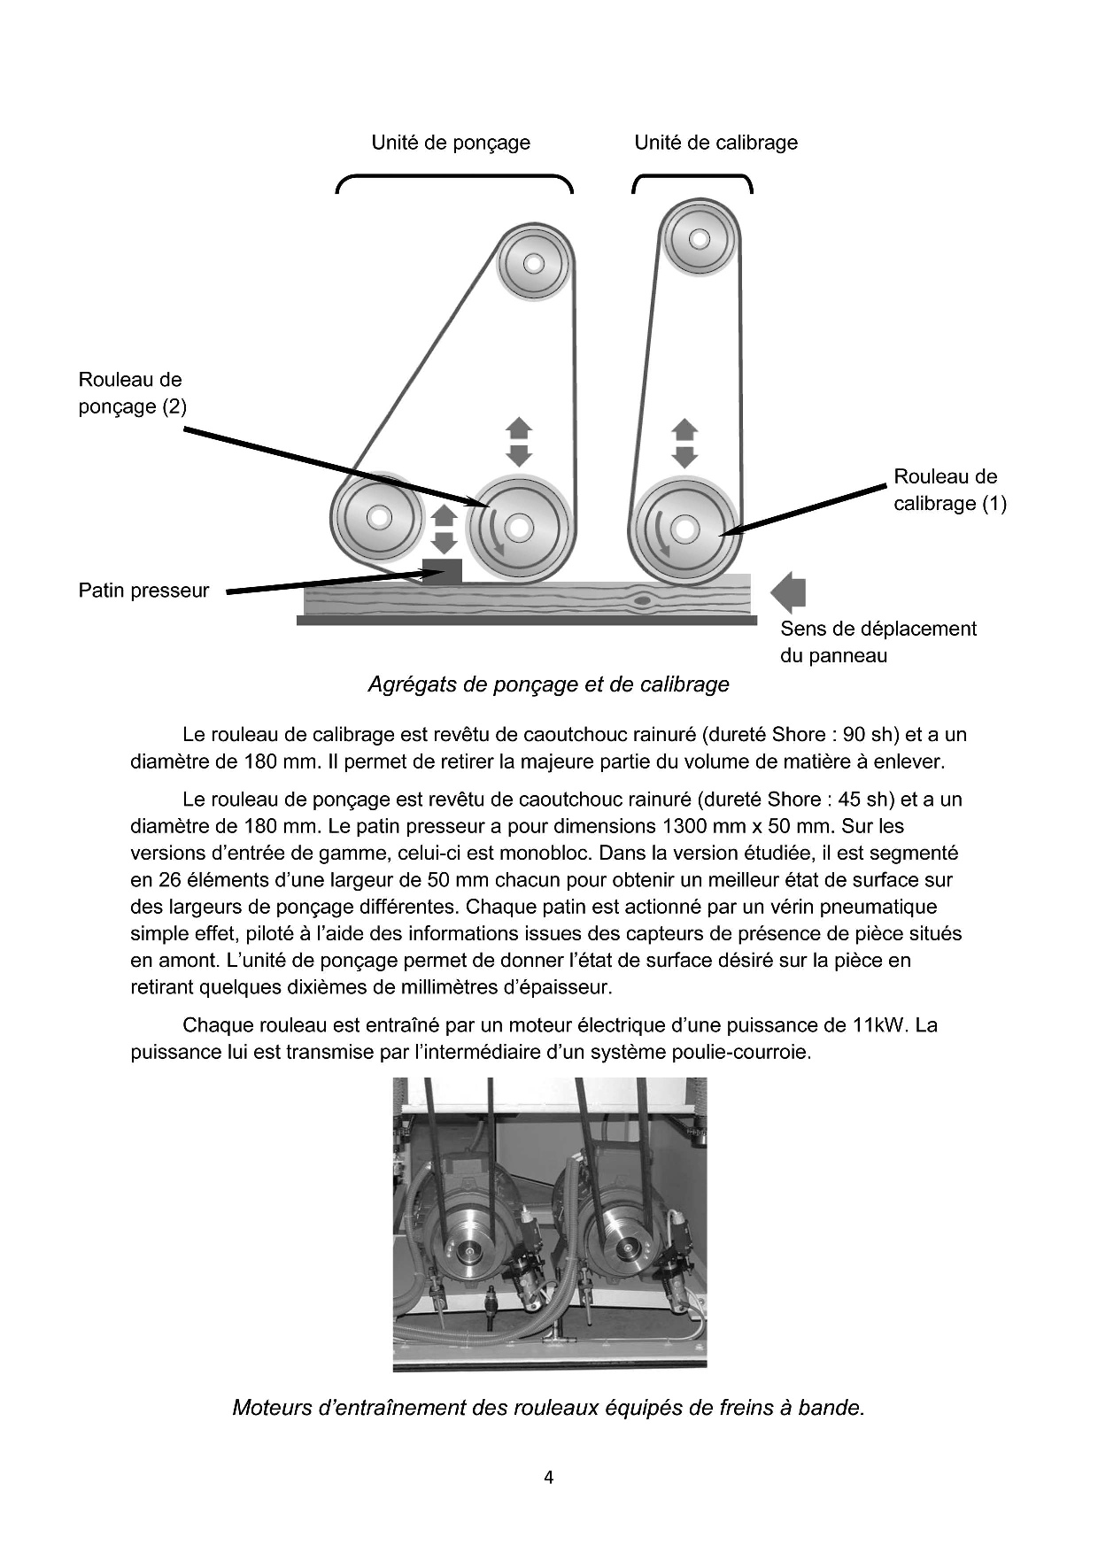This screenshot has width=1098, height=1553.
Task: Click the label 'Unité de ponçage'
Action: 451,143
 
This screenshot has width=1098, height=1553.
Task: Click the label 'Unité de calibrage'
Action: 715,143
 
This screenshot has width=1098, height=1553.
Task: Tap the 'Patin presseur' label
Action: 143,591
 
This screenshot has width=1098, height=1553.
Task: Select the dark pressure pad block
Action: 442,571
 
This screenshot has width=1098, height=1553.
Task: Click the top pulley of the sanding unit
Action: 534,263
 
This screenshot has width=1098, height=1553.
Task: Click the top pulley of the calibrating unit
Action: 699,239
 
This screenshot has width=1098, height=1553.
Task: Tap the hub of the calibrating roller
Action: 684,529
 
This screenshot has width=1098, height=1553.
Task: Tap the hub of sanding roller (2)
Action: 519,529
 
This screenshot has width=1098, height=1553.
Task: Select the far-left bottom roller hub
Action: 379,517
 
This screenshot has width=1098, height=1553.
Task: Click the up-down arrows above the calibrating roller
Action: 684,443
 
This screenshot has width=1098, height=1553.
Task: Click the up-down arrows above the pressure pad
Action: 444,529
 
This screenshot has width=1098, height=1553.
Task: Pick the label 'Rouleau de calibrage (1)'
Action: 949,490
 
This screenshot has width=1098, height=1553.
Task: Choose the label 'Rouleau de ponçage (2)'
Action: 132,393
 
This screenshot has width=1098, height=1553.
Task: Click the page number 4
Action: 549,1477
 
